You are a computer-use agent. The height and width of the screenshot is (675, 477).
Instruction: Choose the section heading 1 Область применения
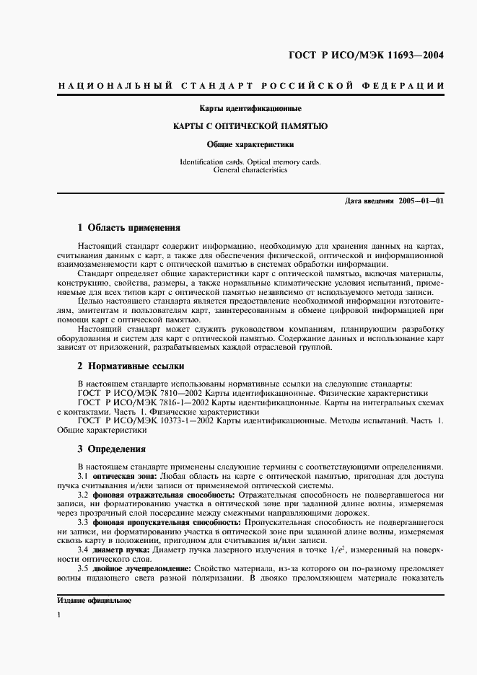point(128,228)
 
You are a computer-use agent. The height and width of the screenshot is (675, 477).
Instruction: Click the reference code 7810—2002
point(183,393)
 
